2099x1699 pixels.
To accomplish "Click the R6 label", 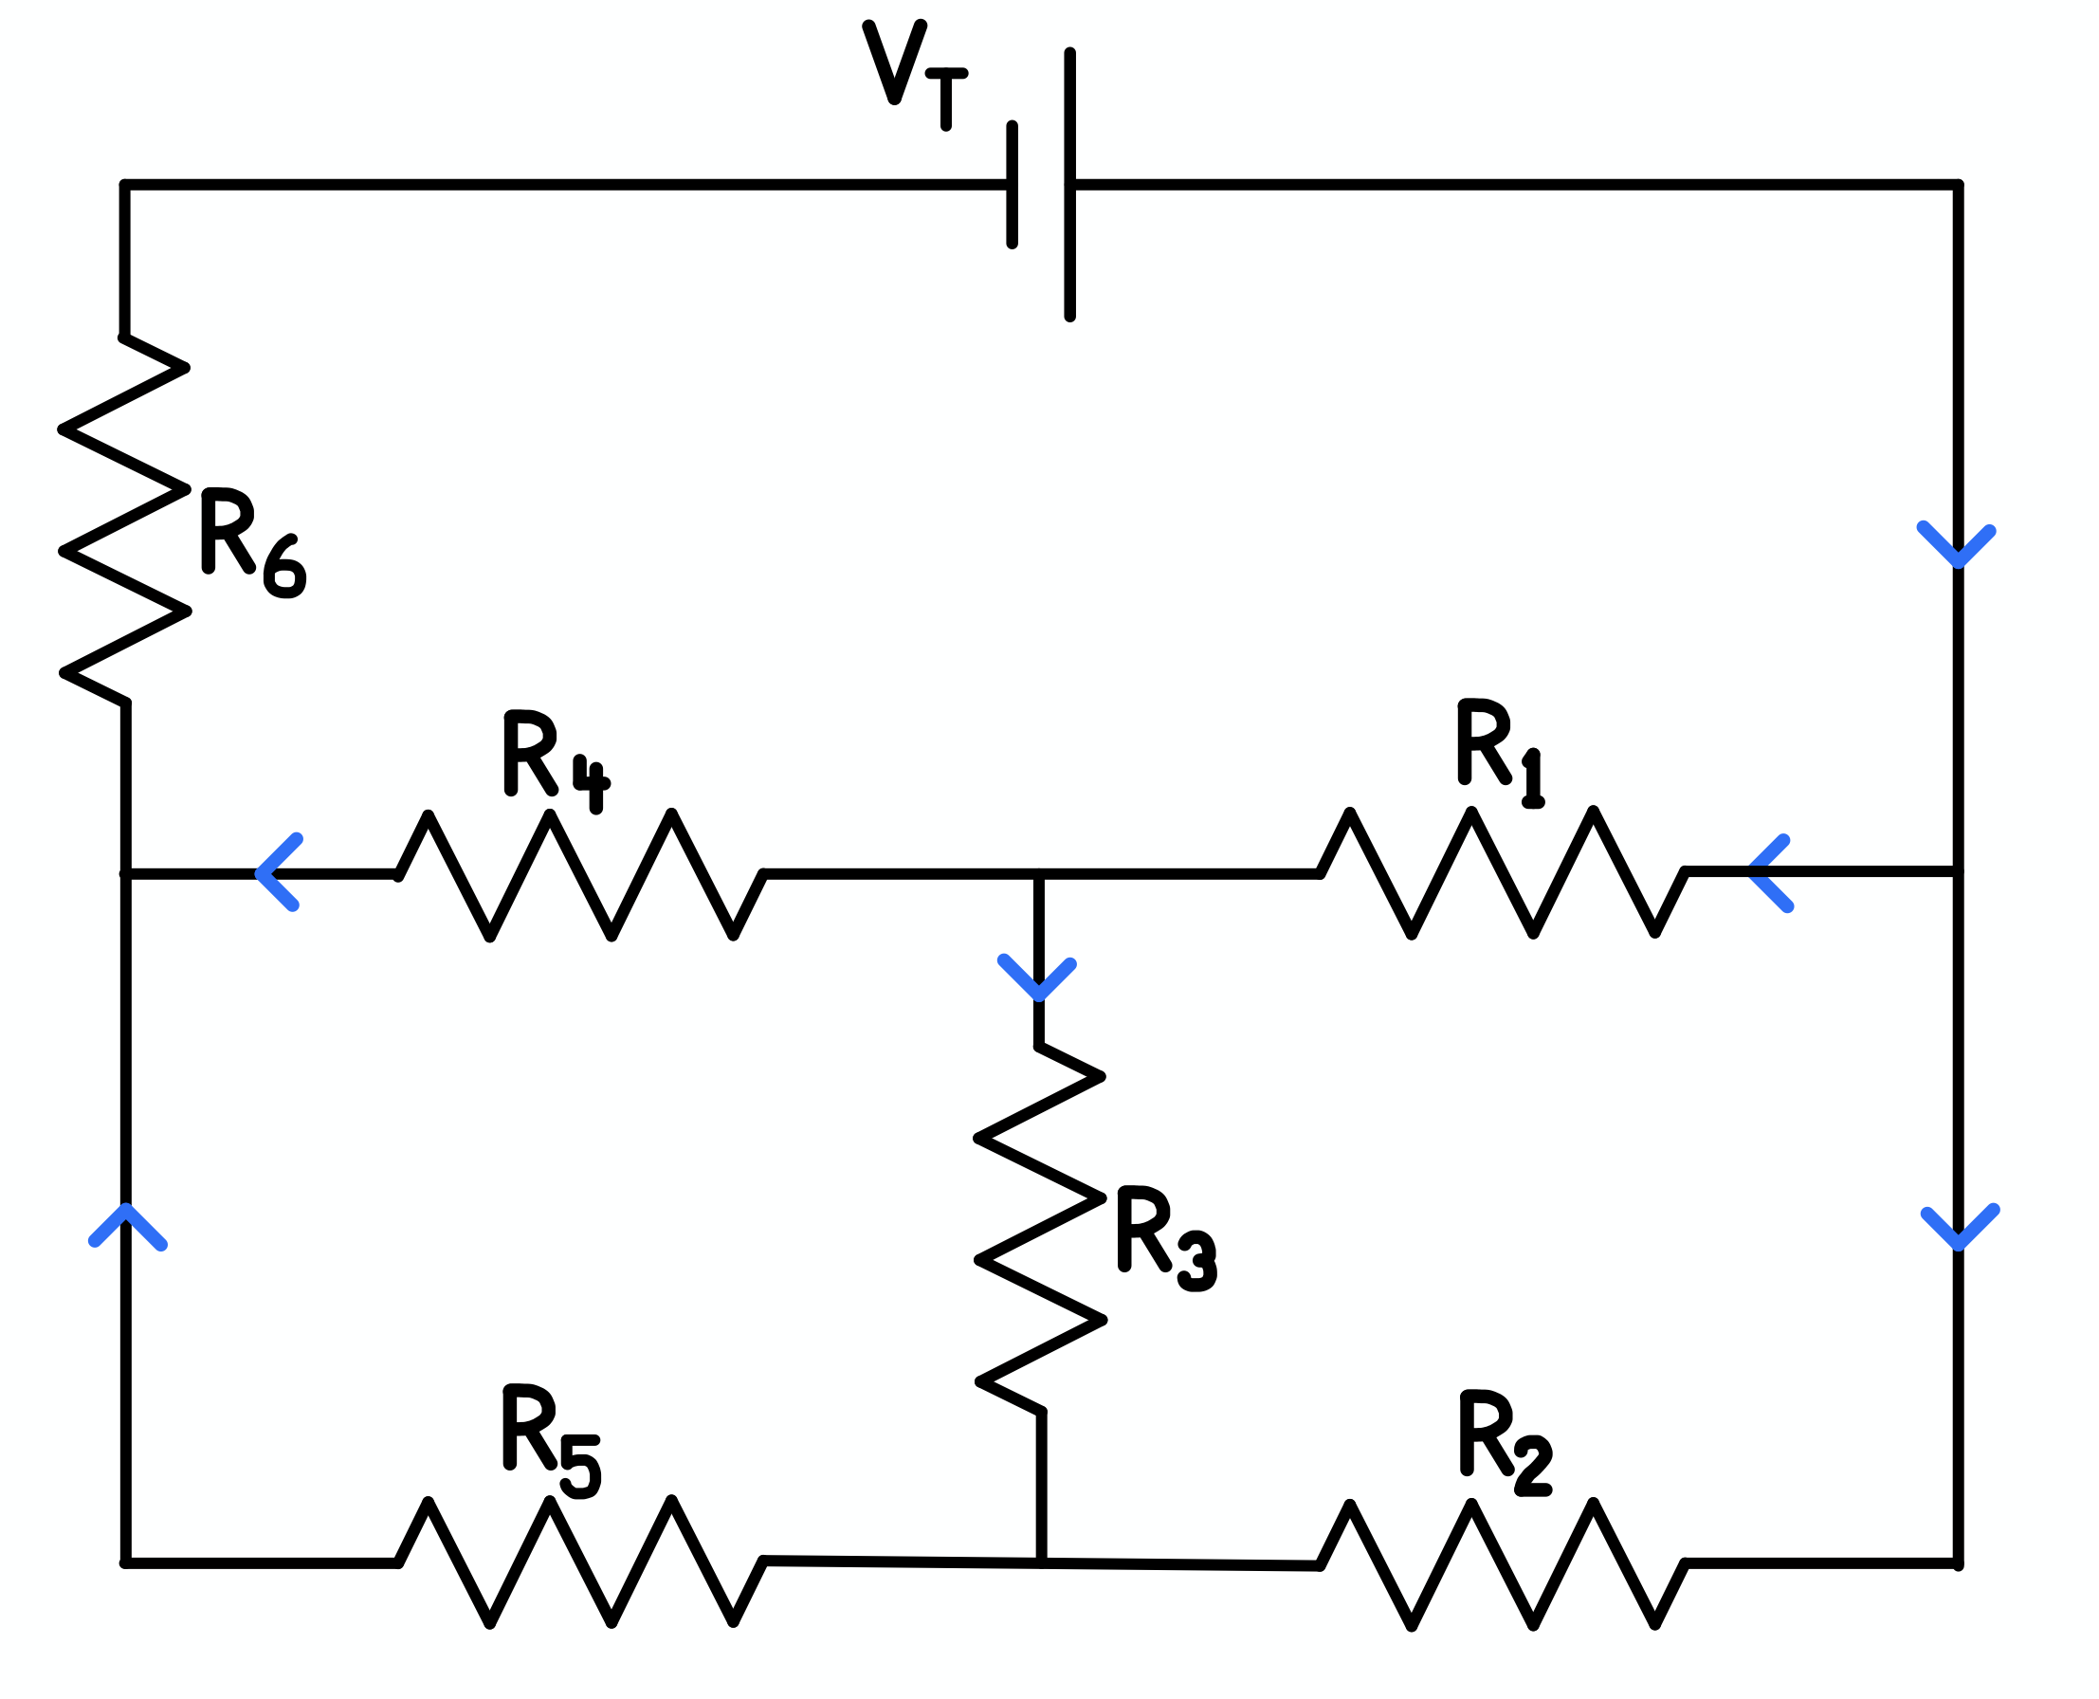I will click(249, 543).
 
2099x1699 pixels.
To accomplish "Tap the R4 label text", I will click(553, 759).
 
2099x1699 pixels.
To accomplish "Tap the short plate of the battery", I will click(1012, 185).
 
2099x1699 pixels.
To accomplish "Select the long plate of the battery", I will click(1069, 185).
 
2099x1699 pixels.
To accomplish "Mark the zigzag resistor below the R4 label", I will click(579, 874).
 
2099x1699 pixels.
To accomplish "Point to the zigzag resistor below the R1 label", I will click(1501, 872).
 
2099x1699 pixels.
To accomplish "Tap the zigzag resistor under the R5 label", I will click(579, 1562).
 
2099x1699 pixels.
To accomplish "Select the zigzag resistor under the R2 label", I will click(1501, 1564).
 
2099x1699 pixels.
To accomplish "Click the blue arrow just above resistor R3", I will click(1037, 978).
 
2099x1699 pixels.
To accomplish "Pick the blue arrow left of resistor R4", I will click(278, 873).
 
